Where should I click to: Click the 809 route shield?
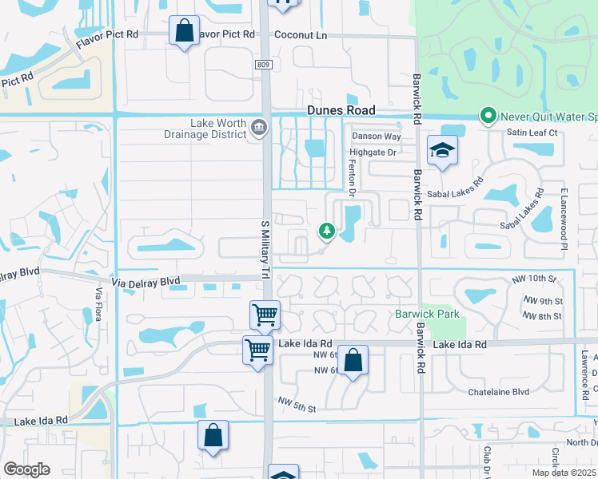pyautogui.click(x=264, y=64)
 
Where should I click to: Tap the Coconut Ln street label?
pyautogui.click(x=301, y=35)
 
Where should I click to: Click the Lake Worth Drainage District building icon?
pyautogui.click(x=259, y=128)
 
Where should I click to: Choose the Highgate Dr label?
pyautogui.click(x=373, y=152)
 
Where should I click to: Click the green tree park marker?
pyautogui.click(x=326, y=231)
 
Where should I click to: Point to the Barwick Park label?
pyautogui.click(x=428, y=314)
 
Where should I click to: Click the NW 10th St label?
pyautogui.click(x=535, y=278)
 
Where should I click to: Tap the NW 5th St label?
pyautogui.click(x=297, y=404)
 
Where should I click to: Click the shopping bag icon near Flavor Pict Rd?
pyautogui.click(x=184, y=32)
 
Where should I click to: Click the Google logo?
pyautogui.click(x=26, y=469)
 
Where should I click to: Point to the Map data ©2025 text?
pyautogui.click(x=564, y=473)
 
